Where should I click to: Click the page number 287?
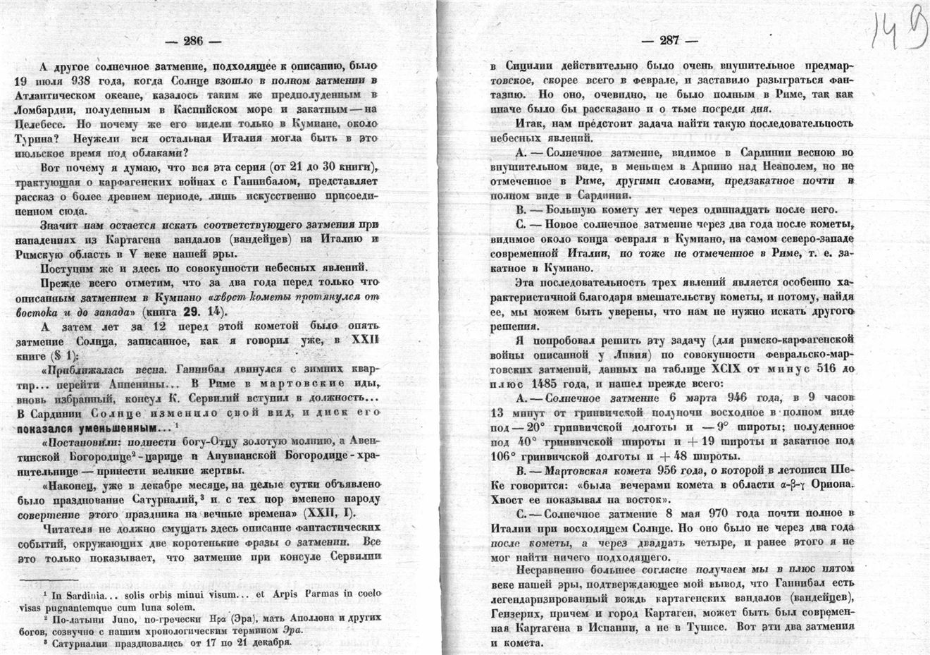669,41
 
